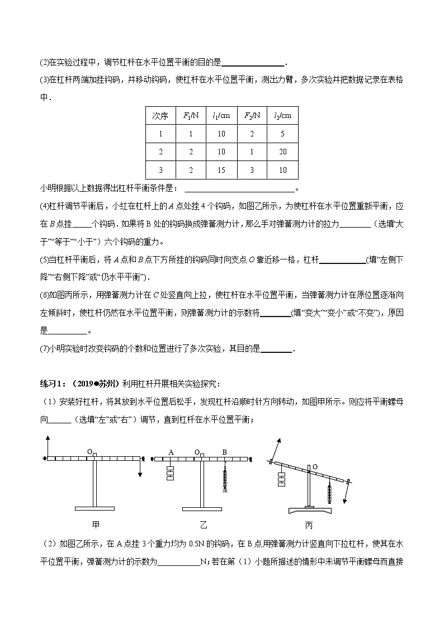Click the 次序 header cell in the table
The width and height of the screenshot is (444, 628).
pyautogui.click(x=160, y=116)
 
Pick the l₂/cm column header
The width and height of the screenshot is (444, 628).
pyautogui.click(x=282, y=116)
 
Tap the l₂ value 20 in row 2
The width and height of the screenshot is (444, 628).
pyautogui.click(x=282, y=152)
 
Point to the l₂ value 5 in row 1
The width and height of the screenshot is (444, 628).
pyautogui.click(x=282, y=134)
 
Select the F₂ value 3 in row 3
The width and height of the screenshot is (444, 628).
pyautogui.click(x=252, y=170)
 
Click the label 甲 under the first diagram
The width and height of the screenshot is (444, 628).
pyautogui.click(x=95, y=525)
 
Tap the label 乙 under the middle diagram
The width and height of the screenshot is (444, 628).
pyautogui.click(x=203, y=525)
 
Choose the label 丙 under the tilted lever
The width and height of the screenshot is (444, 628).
pyautogui.click(x=309, y=525)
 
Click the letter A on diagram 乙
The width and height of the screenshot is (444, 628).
pyautogui.click(x=171, y=452)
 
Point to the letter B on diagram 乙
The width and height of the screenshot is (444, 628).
pyautogui.click(x=225, y=452)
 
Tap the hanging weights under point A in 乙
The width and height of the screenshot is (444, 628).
pyautogui.click(x=171, y=473)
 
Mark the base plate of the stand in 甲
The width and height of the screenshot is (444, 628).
pyautogui.click(x=95, y=508)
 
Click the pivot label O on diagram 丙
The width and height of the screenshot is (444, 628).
pyautogui.click(x=315, y=466)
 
